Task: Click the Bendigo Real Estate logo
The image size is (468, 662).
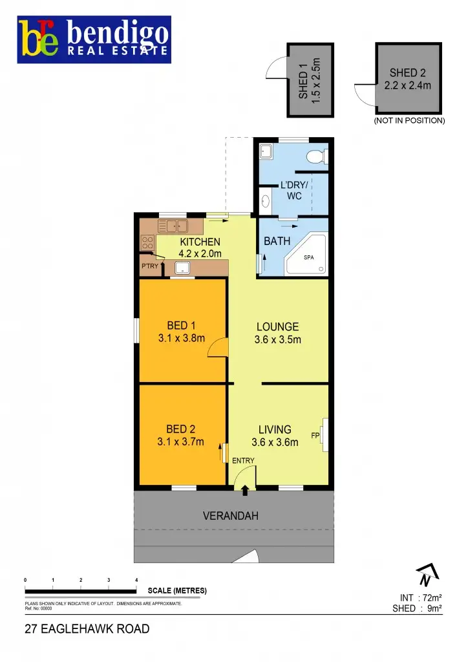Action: point(94,40)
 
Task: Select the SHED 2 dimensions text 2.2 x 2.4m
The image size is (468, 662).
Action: point(407,85)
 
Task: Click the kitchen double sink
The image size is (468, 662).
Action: point(173,226)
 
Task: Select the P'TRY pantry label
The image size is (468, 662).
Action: point(149,266)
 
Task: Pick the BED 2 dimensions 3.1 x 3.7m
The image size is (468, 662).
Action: point(182,442)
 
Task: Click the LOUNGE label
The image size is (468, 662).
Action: point(277,326)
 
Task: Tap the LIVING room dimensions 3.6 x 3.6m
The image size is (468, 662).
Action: point(275,442)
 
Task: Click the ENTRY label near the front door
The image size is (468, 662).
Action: point(244,460)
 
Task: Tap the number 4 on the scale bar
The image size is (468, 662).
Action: point(136,580)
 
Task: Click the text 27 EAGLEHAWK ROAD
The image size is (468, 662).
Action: point(87,628)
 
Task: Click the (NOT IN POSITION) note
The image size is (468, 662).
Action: point(409,120)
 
